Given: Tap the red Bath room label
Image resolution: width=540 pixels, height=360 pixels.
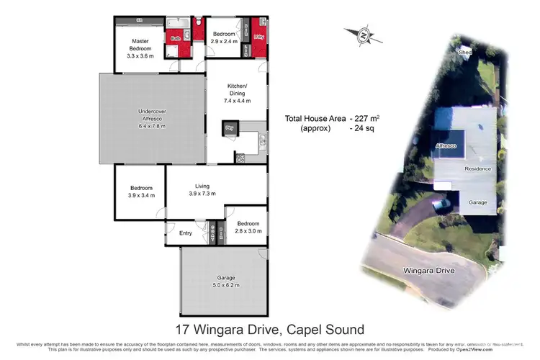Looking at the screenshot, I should click(174, 38).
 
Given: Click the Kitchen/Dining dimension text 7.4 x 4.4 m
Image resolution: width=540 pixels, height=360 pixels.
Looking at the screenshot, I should click(238, 101).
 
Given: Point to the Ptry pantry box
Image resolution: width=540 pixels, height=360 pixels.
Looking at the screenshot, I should click(230, 129).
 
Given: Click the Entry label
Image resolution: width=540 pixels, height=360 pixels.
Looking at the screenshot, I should click(186, 233).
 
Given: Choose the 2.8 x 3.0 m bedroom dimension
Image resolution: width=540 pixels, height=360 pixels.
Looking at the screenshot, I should click(249, 231).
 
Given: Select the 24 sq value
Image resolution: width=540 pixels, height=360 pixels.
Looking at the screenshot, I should click(361, 128).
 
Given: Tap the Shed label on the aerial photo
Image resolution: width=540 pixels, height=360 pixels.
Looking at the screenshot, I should click(464, 52).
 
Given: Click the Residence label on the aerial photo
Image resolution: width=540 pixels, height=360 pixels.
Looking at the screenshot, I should click(477, 168).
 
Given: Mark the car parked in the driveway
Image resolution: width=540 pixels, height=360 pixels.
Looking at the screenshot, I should click(441, 205).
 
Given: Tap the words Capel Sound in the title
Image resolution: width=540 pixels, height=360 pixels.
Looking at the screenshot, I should click(325, 330).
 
